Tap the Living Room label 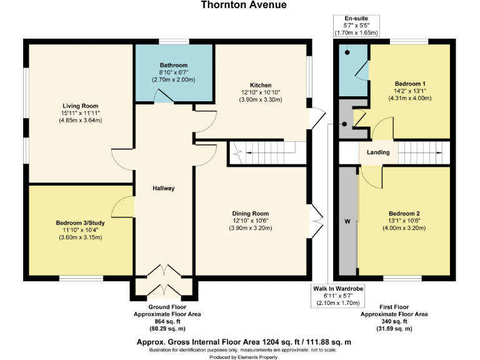coord(77,106)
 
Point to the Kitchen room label coord(261,85)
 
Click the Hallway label coord(164,188)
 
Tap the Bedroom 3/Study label coord(79,223)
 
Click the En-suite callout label coord(356,19)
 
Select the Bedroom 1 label coord(411,83)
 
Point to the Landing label coord(378,152)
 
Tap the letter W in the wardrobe coord(346,222)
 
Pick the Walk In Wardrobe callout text coord(337,288)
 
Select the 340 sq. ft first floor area coord(394,321)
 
